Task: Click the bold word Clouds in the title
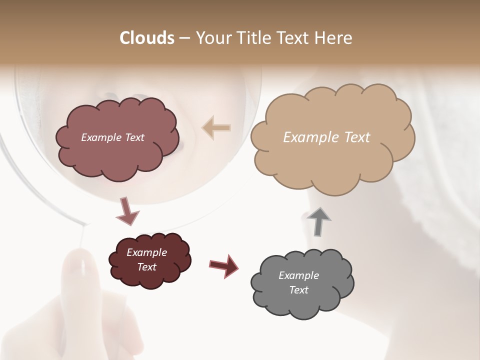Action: (146, 38)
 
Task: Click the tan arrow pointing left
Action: (216, 128)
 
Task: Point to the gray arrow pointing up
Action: (318, 221)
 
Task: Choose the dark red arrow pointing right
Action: (223, 265)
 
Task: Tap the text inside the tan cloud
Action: (326, 137)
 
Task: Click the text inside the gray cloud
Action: (298, 282)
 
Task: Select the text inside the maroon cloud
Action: (146, 259)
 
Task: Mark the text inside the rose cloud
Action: (112, 137)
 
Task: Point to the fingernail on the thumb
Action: (79, 265)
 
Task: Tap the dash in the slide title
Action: (184, 38)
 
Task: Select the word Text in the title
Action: (292, 38)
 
